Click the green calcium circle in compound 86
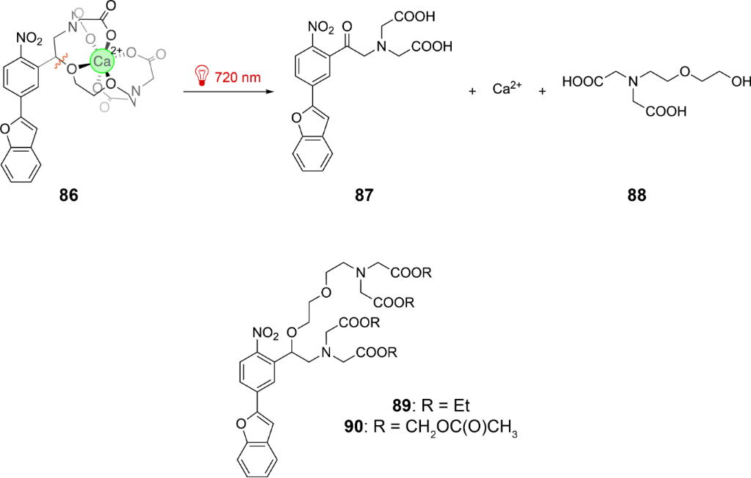point(101,62)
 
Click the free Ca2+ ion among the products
point(507,91)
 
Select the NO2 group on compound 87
point(320,26)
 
